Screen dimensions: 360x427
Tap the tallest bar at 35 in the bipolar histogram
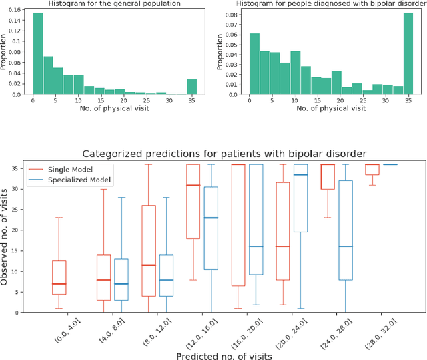coord(408,53)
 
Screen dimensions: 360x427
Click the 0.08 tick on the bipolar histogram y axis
coord(234,13)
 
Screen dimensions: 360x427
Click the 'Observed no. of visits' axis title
coord(6,235)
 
